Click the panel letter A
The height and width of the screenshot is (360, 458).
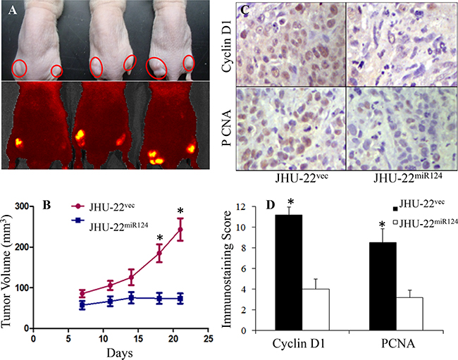pyautogui.click(x=12, y=11)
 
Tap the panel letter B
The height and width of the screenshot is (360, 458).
pyautogui.click(x=47, y=205)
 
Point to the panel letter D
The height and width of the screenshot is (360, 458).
pyautogui.click(x=271, y=205)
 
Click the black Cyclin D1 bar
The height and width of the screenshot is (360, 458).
pyautogui.click(x=289, y=273)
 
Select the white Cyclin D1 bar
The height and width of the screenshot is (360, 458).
pyautogui.click(x=316, y=310)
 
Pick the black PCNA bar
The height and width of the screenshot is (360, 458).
pyautogui.click(x=383, y=287)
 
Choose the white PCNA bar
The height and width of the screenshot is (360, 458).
pyautogui.click(x=409, y=314)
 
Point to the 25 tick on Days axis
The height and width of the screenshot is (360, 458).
pyautogui.click(x=208, y=338)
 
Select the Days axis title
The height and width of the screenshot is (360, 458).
pyautogui.click(x=120, y=353)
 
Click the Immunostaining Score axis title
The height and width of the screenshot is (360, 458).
pyautogui.click(x=228, y=269)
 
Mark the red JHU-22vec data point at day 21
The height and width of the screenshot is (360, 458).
pyautogui.click(x=180, y=229)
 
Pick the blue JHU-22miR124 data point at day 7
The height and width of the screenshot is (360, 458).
pyautogui.click(x=82, y=305)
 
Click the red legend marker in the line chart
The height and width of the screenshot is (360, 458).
pyautogui.click(x=78, y=206)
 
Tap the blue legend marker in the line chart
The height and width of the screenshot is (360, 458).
pyautogui.click(x=78, y=221)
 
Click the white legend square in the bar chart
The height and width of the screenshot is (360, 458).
pyautogui.click(x=396, y=223)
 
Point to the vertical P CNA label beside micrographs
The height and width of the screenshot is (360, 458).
pyautogui.click(x=226, y=128)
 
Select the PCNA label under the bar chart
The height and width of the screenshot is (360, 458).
pyautogui.click(x=398, y=344)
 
